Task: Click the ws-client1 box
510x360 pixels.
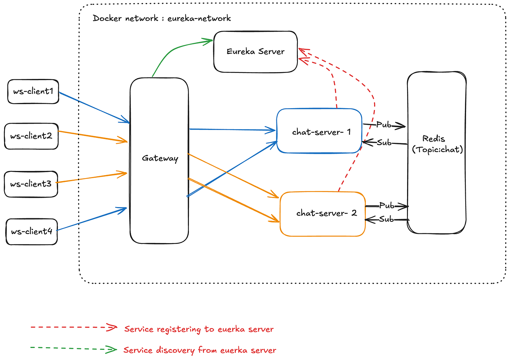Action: tap(33, 91)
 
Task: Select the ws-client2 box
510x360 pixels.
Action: tap(31, 136)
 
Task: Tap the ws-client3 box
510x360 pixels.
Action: tap(31, 184)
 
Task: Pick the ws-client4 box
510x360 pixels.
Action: tap(32, 231)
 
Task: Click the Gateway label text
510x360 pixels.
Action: tap(160, 158)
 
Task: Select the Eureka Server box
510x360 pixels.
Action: tap(255, 52)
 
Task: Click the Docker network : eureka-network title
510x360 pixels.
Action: tap(161, 18)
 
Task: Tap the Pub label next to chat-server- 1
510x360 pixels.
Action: tap(383, 125)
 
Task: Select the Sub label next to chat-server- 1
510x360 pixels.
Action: tap(384, 143)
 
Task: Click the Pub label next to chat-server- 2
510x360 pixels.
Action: tap(386, 206)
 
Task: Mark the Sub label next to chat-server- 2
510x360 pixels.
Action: tap(386, 219)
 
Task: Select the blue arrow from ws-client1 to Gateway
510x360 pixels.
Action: tap(94, 107)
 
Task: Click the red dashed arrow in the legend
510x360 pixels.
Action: tap(73, 327)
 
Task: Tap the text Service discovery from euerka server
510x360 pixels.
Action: tap(199, 350)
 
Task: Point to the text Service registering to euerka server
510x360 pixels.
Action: tap(199, 330)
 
